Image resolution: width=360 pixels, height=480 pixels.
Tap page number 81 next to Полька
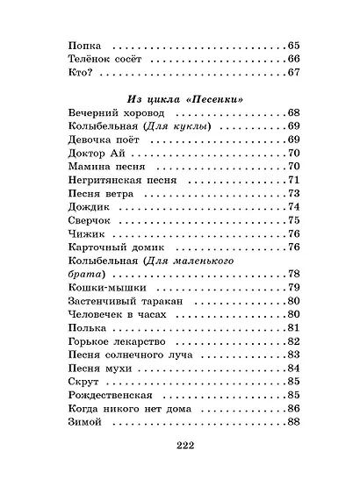pos(294,328)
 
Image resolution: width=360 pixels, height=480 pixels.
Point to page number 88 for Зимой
pos(294,425)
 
